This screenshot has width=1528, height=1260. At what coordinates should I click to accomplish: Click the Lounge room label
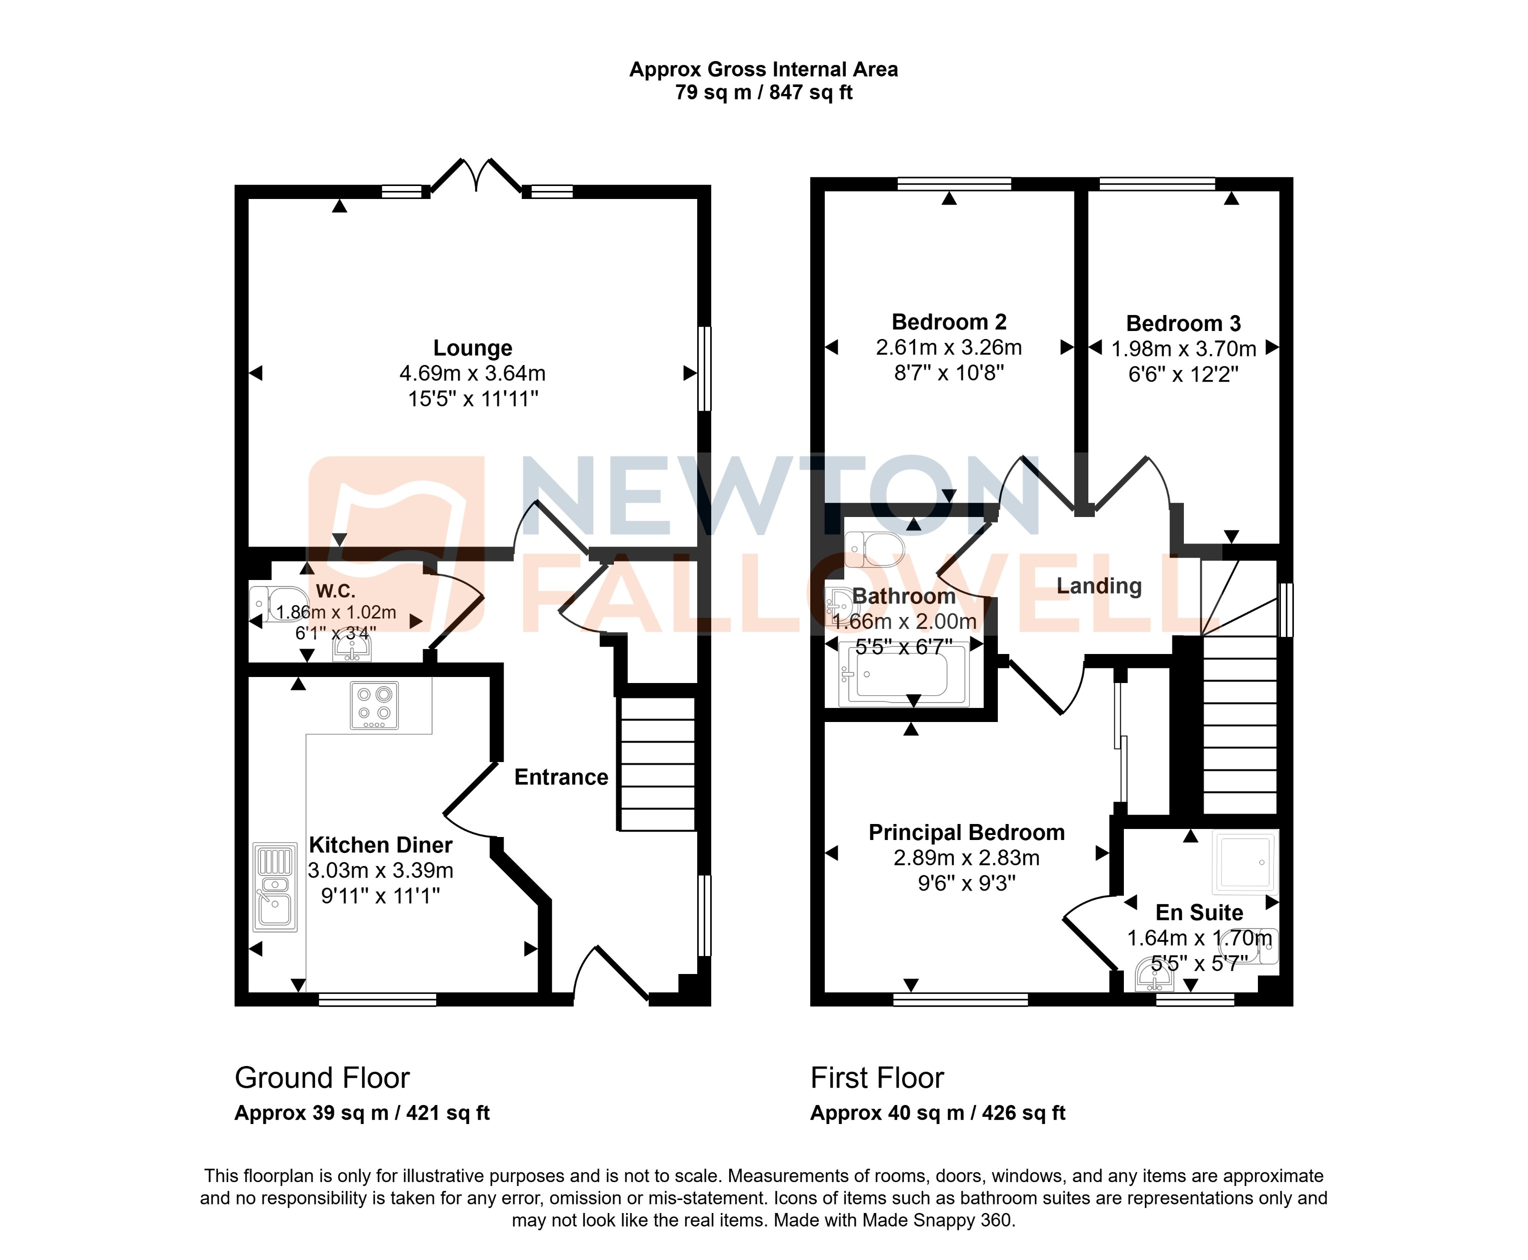(473, 348)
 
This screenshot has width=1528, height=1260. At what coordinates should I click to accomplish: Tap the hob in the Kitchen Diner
(374, 705)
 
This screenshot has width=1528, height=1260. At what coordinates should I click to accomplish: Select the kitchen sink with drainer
(275, 887)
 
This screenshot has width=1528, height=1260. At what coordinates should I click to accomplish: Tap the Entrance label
(561, 777)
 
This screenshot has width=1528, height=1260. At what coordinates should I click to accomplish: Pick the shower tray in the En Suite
(1245, 862)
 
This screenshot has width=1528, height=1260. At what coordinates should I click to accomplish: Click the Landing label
(1099, 585)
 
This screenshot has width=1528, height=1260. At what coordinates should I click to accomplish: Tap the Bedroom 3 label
(1183, 323)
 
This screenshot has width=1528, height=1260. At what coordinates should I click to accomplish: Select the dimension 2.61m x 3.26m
(949, 347)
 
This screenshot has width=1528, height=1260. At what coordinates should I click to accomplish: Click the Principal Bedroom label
(966, 832)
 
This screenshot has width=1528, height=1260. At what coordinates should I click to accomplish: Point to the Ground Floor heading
(322, 1078)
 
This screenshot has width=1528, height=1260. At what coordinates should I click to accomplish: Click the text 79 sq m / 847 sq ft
(764, 93)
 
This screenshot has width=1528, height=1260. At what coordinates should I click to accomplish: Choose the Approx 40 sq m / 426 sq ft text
(937, 1113)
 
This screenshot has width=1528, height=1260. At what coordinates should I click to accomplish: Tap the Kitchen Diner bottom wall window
(378, 1000)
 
